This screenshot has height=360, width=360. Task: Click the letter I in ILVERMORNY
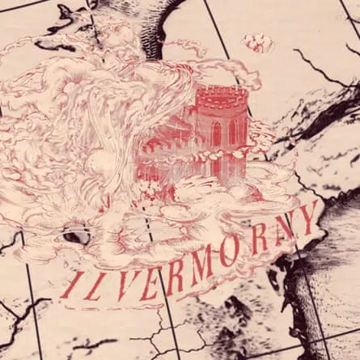[72, 286]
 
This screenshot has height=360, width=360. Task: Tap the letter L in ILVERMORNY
[95, 282]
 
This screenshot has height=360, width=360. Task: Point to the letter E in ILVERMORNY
[150, 278]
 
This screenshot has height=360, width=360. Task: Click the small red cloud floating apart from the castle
[259, 42]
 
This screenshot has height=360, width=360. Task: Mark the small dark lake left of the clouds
[78, 237]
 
